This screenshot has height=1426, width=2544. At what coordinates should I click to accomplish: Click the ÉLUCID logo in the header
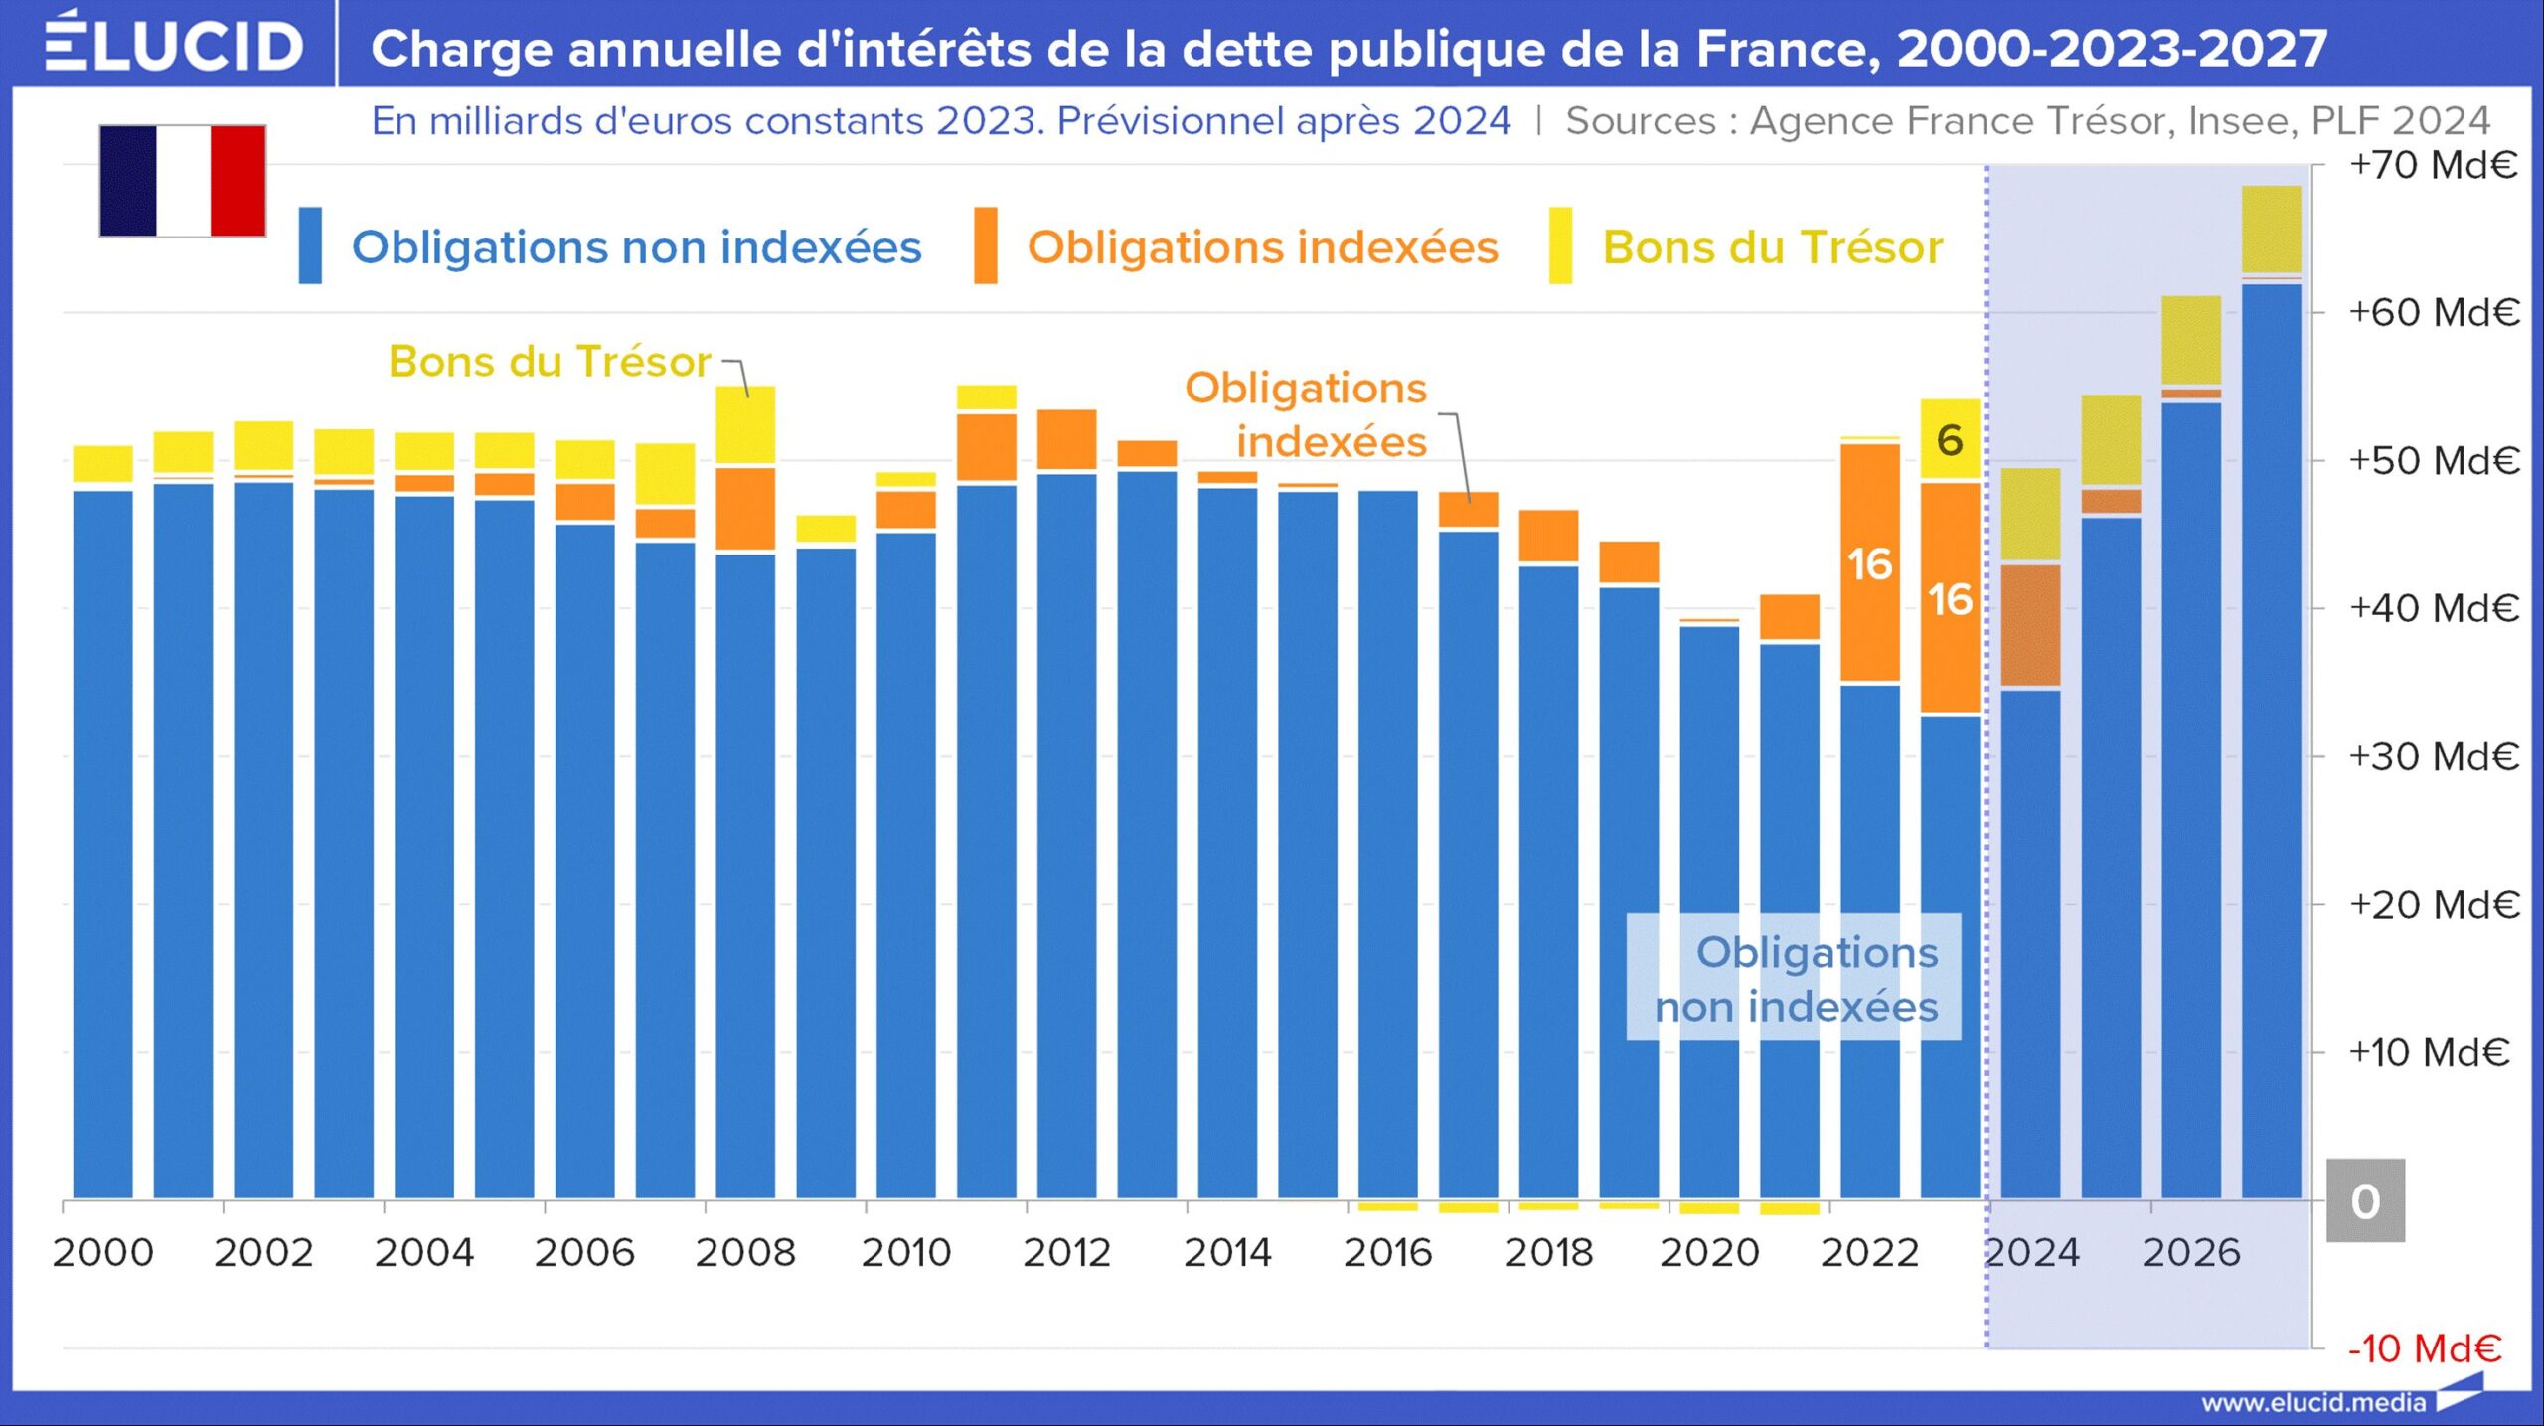pyautogui.click(x=174, y=45)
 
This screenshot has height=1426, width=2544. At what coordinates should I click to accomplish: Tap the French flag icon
pyautogui.click(x=183, y=181)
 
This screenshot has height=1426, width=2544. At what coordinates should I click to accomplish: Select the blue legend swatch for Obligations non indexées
pyautogui.click(x=310, y=245)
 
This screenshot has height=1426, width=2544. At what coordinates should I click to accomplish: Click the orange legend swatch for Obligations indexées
pyautogui.click(x=985, y=245)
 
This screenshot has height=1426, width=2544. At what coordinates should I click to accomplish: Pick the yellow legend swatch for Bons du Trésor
pyautogui.click(x=1560, y=245)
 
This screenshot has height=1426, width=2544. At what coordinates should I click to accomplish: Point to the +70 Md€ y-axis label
pyautogui.click(x=2433, y=165)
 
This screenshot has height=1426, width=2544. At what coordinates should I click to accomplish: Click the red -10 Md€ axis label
pyautogui.click(x=2425, y=1348)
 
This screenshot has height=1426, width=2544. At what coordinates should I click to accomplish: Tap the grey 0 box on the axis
pyautogui.click(x=2365, y=1200)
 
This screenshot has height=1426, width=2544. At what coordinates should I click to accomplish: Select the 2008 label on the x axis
pyautogui.click(x=745, y=1252)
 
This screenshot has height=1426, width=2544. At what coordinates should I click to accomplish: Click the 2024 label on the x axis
pyautogui.click(x=2031, y=1252)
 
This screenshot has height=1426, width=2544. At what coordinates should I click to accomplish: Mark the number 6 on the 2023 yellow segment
pyautogui.click(x=1950, y=440)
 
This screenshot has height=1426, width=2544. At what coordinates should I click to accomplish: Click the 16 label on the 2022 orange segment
pyautogui.click(x=1869, y=564)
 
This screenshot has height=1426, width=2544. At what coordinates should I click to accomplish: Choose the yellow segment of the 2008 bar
pyautogui.click(x=745, y=424)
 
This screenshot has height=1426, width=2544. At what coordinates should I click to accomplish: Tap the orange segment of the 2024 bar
pyautogui.click(x=2030, y=625)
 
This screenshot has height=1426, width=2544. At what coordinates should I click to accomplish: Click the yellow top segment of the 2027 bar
pyautogui.click(x=2271, y=229)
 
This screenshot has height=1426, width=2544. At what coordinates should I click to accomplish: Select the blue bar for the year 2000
pyautogui.click(x=103, y=845)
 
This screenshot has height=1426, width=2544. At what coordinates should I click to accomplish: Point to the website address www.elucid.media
pyautogui.click(x=2313, y=1403)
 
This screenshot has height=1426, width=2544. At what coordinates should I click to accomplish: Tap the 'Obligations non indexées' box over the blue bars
pyautogui.click(x=1794, y=978)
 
